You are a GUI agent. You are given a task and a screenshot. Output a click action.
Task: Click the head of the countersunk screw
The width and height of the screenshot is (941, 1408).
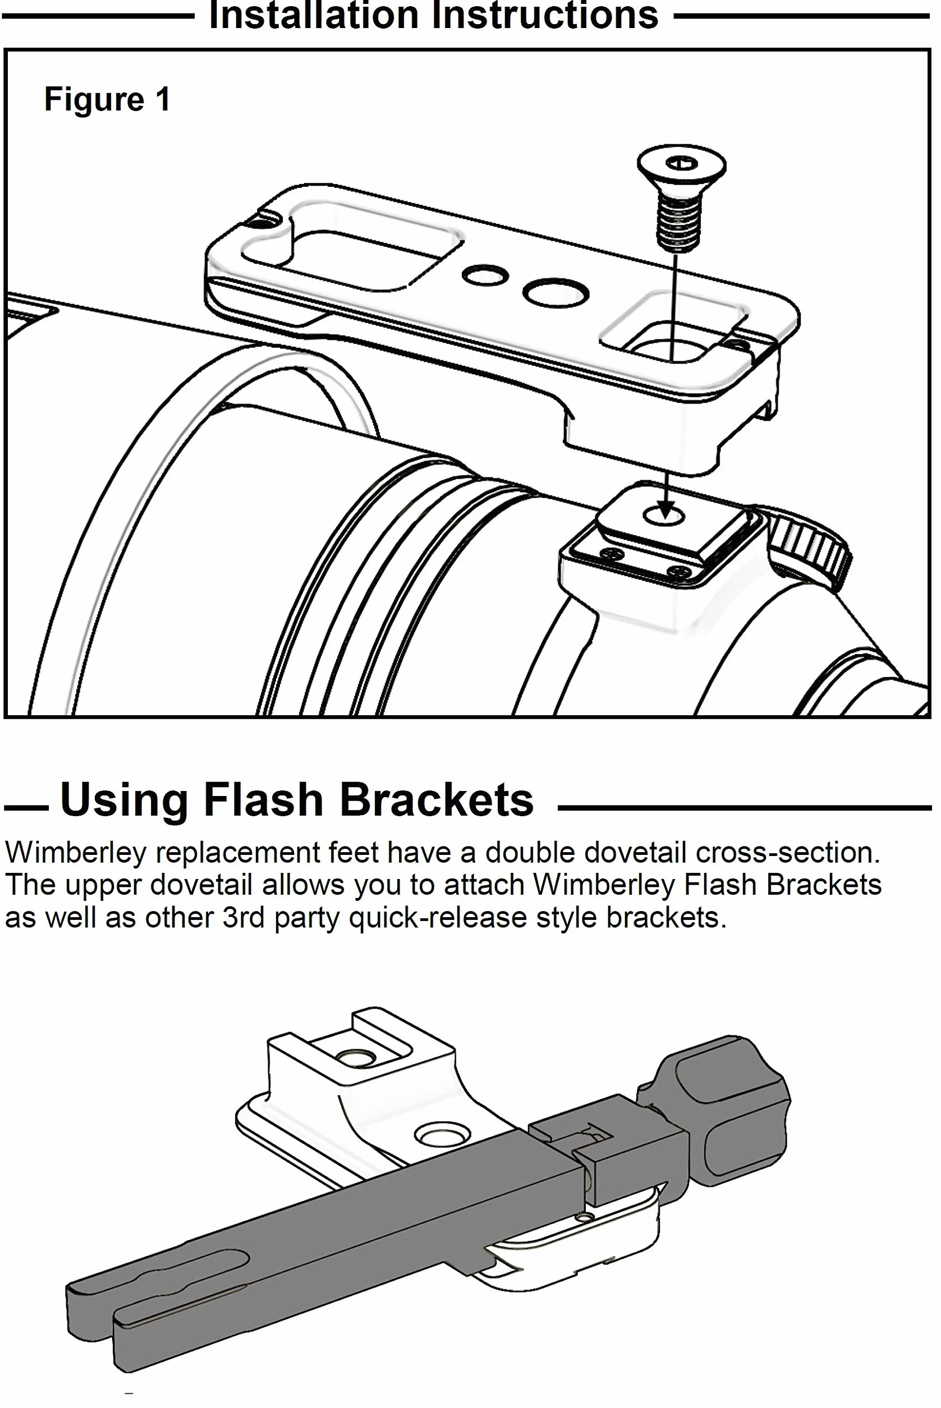click(681, 167)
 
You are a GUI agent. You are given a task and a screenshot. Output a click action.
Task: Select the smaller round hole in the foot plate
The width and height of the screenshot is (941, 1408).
click(485, 275)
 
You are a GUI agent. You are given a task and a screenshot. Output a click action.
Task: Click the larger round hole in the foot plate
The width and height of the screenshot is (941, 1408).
click(556, 293)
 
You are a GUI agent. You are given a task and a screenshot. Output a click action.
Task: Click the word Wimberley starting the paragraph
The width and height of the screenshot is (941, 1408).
click(76, 853)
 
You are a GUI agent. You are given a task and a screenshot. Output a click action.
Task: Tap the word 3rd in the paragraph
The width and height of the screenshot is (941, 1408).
click(243, 917)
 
